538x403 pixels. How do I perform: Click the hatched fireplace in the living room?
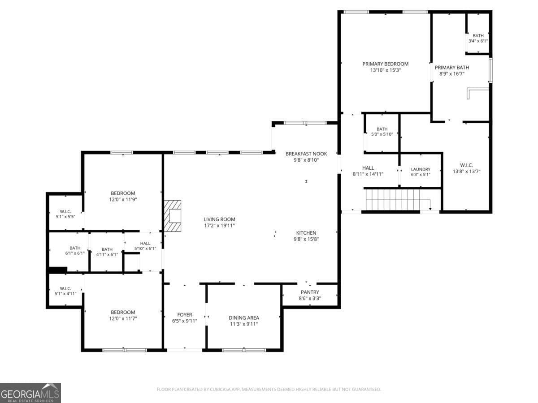173,215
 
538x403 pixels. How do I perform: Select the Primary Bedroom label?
385,64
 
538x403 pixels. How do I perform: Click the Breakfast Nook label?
306,154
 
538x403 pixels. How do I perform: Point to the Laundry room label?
421,169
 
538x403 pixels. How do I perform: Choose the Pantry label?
309,292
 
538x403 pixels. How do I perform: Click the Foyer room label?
185,315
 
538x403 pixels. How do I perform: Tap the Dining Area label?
244,318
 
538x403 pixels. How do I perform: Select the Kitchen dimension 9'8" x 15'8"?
306,239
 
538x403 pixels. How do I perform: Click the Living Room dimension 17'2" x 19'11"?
219,226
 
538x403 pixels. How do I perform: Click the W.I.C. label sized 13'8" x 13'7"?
466,165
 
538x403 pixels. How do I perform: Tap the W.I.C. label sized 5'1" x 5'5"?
65,212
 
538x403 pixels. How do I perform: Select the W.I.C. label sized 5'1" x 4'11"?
65,288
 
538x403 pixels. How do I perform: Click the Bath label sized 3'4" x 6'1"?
478,36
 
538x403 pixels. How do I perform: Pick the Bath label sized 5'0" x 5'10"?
382,129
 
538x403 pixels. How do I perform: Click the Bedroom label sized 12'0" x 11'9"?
123,193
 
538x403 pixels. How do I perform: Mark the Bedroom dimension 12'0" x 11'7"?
123,318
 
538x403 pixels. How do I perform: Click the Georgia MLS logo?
30,393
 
